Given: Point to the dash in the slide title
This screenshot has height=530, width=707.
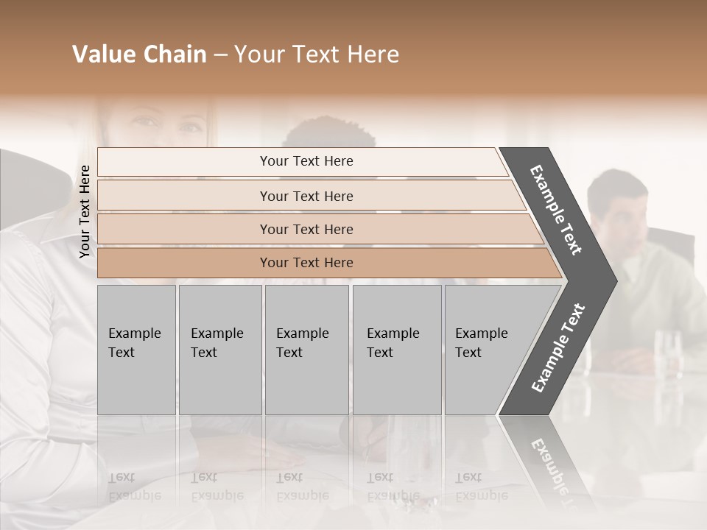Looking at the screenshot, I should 220,55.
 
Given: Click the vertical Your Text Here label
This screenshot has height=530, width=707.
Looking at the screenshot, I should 85,211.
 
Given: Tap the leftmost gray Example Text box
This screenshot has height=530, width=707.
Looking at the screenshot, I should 136,350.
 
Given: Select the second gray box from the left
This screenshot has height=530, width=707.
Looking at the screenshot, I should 219,350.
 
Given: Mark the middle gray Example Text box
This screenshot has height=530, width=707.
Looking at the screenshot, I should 306,350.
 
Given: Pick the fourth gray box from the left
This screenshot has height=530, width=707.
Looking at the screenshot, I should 397,350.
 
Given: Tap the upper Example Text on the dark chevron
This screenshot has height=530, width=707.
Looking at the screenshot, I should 556,210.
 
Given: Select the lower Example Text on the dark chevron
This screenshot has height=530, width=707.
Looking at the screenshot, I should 558,347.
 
